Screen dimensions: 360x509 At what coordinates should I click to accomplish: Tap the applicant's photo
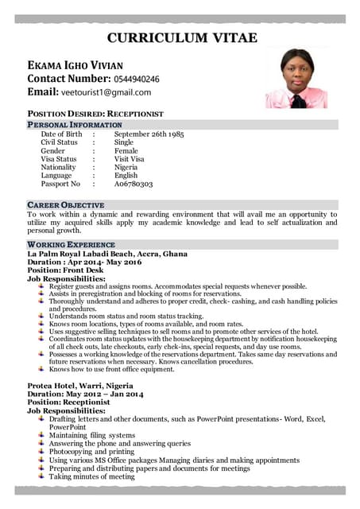pos(296,77)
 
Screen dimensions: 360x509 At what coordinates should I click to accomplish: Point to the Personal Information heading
pos(75,125)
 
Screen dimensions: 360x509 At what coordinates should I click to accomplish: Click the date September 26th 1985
pos(149,134)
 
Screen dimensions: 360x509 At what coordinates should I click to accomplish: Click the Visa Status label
pos(59,159)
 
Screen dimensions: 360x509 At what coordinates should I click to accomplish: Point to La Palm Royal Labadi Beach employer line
pos(107,254)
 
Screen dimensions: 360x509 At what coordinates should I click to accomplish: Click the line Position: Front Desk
pos(66,270)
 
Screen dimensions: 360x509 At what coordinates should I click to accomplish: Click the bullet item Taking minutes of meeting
pos(91,476)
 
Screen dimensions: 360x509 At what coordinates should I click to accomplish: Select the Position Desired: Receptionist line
pos(95,114)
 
